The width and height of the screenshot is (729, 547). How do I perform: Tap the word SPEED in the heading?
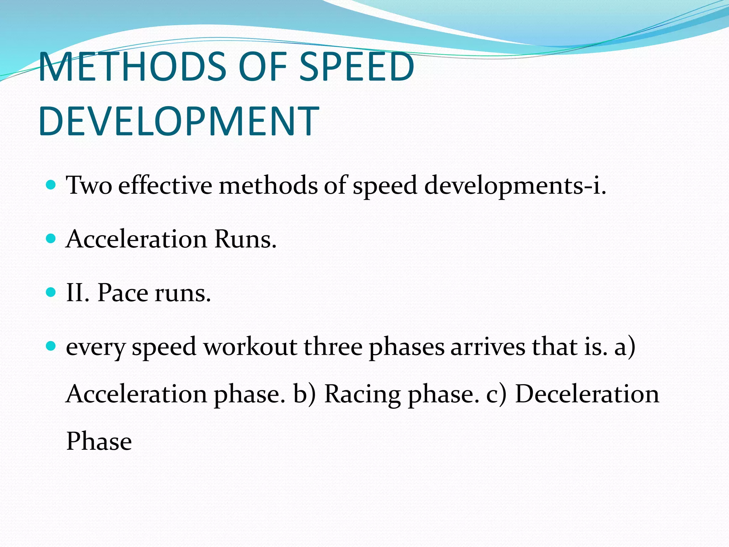(356, 67)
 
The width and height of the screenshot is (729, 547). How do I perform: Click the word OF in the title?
(263, 67)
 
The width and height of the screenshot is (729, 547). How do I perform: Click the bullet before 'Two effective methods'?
(51, 185)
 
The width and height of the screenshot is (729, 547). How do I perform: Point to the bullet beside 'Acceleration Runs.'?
(51, 238)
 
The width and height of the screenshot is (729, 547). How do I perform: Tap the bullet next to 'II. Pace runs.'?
(51, 292)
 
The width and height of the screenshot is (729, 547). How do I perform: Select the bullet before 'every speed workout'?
(51, 346)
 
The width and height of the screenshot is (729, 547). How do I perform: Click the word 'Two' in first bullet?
(89, 186)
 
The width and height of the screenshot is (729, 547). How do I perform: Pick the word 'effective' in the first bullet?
(165, 186)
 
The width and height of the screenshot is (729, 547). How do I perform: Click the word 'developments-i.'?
(515, 186)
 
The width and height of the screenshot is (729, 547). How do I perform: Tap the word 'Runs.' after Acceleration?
(245, 239)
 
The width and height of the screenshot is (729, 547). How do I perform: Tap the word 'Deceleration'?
(587, 394)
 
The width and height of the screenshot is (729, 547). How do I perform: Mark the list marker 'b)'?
(304, 394)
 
